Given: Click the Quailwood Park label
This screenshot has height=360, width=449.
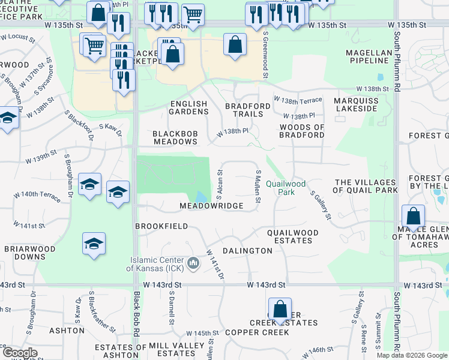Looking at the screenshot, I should tap(286, 188).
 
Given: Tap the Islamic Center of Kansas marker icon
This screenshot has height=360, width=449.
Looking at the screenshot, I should tap(193, 263).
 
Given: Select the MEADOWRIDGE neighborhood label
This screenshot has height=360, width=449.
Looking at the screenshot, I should tap(211, 206).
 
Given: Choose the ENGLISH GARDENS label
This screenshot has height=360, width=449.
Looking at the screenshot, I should tap(188, 107).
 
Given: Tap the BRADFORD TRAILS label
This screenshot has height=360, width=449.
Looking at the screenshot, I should tap(244, 110).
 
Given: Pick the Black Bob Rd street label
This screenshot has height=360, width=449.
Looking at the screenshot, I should tap(137, 314).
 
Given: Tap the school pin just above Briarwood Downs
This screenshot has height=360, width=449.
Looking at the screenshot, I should tap(94, 244).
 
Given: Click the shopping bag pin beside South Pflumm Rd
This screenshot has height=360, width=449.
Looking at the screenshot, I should tap(414, 217).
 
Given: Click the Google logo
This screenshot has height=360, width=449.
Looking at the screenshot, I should tap(19, 353).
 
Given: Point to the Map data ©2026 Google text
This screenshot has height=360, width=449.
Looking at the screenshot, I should tap(412, 355).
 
